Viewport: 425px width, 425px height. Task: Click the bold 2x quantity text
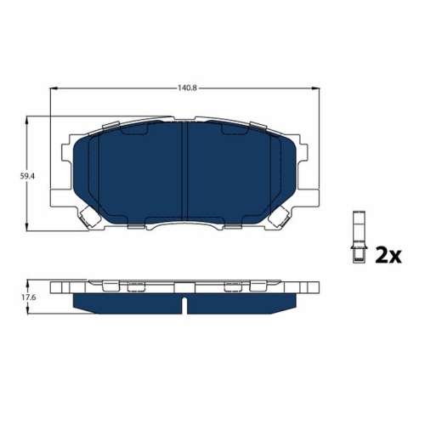pyautogui.click(x=388, y=255)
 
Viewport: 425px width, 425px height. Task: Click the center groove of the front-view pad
pyautogui.click(x=185, y=174)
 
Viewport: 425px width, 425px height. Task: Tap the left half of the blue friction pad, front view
pyautogui.click(x=132, y=174)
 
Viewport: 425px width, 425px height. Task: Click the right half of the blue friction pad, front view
pyautogui.click(x=238, y=174)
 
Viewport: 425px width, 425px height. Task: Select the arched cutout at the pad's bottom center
pyautogui.click(x=185, y=224)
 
